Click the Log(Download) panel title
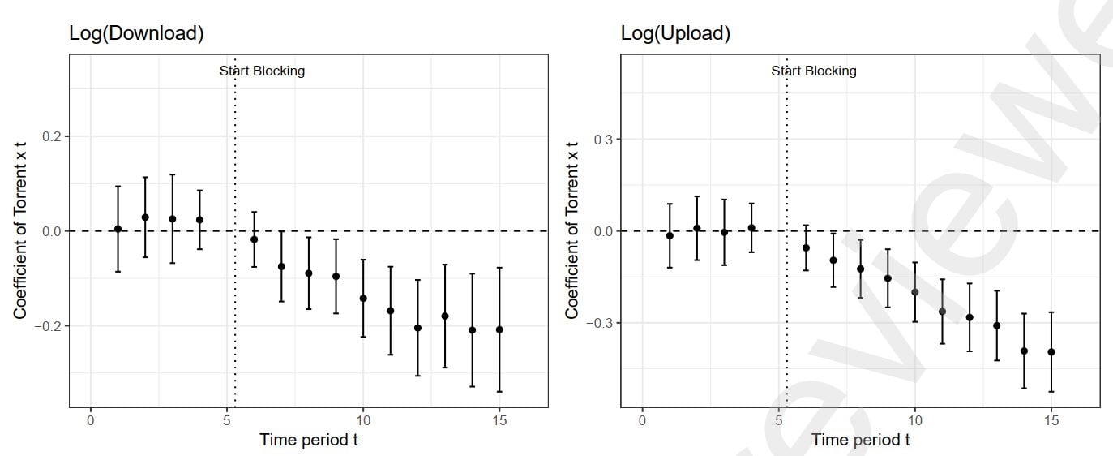pos(135,33)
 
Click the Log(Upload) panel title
pos(675,33)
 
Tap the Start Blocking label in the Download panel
pos(262,71)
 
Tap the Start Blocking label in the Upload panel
pos(813,71)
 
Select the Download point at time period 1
pos(118,229)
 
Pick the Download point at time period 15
pos(499,329)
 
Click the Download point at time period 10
pos(363,299)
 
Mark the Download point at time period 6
pos(254,239)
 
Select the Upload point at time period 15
pos(1051,352)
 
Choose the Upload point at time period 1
pos(670,235)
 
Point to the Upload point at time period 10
pos(915,292)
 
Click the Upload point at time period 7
pos(833,260)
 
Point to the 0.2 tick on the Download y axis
pos(50,136)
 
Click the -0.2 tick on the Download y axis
pos(48,325)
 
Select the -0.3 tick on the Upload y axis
pos(599,323)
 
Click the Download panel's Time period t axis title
pos(309,440)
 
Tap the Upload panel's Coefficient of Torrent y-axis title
pos(571,230)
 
